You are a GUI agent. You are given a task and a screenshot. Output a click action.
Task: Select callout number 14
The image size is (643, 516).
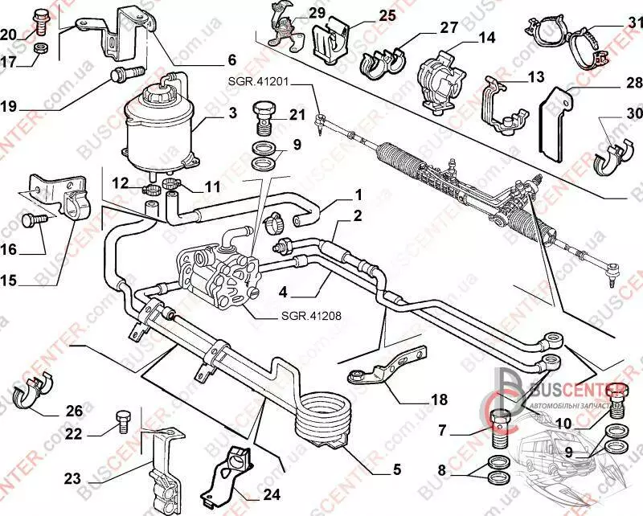pyautogui.click(x=486, y=37)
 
